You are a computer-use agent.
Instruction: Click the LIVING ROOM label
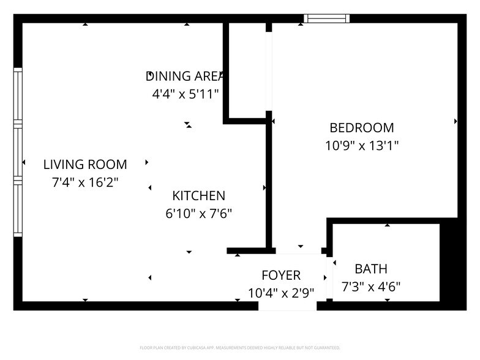[x=85, y=164]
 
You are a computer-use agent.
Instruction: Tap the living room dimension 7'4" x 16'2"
[x=85, y=182]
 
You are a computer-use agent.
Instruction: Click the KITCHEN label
[x=199, y=196]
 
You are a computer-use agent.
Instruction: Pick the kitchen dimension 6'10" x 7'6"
[x=199, y=214]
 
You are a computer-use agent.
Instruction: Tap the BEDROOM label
[x=361, y=128]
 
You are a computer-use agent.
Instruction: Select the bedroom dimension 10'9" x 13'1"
[x=361, y=146]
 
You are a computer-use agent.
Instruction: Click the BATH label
[x=371, y=269]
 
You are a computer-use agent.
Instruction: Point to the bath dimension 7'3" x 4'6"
[x=371, y=287]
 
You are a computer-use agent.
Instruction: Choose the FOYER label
[x=281, y=275]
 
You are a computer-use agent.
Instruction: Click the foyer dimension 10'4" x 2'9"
[x=281, y=293]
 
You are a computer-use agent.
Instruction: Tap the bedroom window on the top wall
[x=326, y=18]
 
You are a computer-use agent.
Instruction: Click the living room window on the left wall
[x=18, y=152]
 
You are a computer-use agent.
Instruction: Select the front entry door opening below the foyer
[x=287, y=306]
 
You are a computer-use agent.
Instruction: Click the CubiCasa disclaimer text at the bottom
[x=240, y=347]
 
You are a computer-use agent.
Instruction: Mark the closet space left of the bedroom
[x=247, y=70]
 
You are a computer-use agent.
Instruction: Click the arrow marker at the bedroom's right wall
[x=456, y=121]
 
